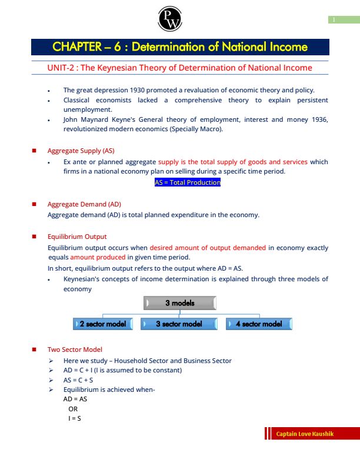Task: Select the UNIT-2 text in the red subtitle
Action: pos(61,68)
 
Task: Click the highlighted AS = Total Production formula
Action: pos(187,182)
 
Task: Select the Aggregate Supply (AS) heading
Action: pos(81,151)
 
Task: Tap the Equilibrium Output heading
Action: pos(77,237)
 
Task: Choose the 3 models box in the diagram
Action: pos(179,303)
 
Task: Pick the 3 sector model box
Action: pos(179,324)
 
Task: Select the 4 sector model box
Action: pos(259,324)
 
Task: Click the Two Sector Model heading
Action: pos(75,349)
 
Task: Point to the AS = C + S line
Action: pos(79,380)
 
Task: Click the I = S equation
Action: pos(75,418)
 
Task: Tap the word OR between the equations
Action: pos(73,408)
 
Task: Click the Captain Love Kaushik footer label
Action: pos(305,434)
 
